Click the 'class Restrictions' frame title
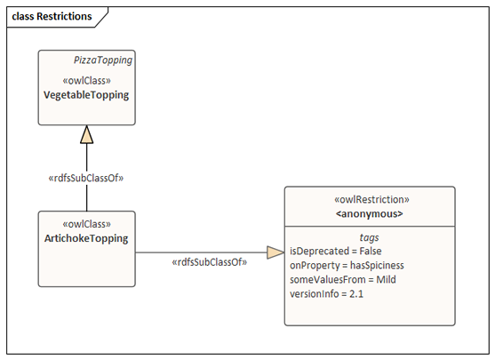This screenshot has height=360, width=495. tap(52, 16)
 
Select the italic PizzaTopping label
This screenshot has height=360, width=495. tap(103, 60)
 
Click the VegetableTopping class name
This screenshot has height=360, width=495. tap(86, 95)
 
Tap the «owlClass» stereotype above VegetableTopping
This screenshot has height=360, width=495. tap(86, 81)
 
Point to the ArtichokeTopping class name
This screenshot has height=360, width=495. tap(86, 238)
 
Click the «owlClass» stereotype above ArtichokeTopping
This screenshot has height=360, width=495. tap(86, 224)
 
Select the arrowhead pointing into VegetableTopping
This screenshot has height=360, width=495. tap(87, 134)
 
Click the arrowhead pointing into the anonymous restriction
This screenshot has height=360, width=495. tap(275, 252)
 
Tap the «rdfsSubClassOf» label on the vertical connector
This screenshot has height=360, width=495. tap(86, 179)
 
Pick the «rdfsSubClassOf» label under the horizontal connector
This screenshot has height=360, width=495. tap(210, 262)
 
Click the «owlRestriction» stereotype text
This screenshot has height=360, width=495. tap(371, 200)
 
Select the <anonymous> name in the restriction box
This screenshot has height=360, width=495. tap(370, 214)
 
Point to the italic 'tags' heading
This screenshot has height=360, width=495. tap(369, 237)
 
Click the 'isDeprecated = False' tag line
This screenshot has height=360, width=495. tap(336, 251)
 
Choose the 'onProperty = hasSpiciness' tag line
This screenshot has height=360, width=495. tap(347, 265)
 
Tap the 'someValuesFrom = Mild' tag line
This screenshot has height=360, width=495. tap(343, 279)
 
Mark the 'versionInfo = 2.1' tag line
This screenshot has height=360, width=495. tap(326, 294)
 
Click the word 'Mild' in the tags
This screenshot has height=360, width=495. tap(386, 279)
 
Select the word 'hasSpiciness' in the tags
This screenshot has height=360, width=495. tap(377, 265)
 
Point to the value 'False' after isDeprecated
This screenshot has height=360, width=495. tap(371, 251)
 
